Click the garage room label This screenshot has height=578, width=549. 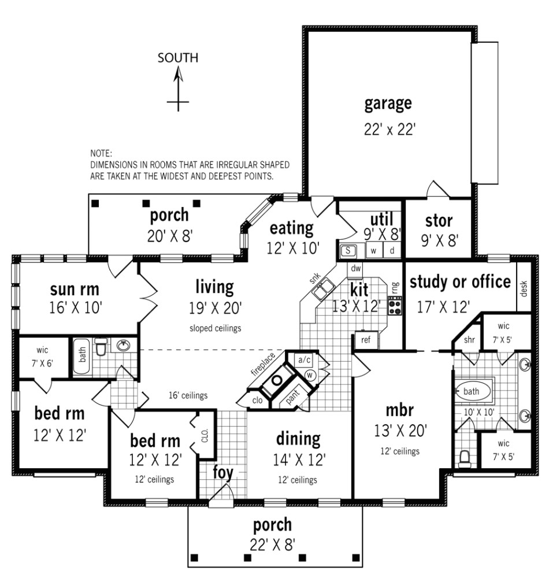pos(388,103)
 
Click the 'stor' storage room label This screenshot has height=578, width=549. pos(439,220)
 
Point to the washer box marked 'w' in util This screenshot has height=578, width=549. pos(374,251)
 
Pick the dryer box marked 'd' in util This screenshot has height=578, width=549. pos(391,251)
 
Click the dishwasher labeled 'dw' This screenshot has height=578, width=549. pos(355,268)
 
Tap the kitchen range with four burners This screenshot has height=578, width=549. pos(396,305)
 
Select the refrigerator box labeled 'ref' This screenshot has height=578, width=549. pos(365,340)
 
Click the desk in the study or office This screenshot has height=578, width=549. pos(524,287)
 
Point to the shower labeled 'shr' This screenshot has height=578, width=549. pos(469,340)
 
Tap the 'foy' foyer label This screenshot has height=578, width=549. pos(222,472)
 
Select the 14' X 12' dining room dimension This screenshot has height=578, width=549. pos(299,460)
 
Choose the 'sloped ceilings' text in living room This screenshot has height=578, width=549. pos(215,328)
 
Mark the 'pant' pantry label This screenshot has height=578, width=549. pos(294,397)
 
